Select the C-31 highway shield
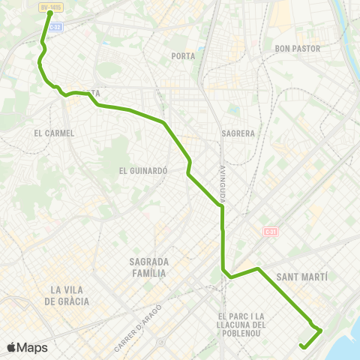(271, 232)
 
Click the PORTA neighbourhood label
(183, 56)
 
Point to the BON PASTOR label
(298, 49)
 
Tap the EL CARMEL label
(54, 133)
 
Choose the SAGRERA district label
(238, 133)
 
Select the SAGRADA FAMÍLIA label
(148, 268)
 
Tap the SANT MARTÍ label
(303, 277)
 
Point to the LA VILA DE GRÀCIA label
(67, 295)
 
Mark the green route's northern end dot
(49, 13)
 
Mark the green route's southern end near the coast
(301, 346)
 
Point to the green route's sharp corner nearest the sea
(321, 329)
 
